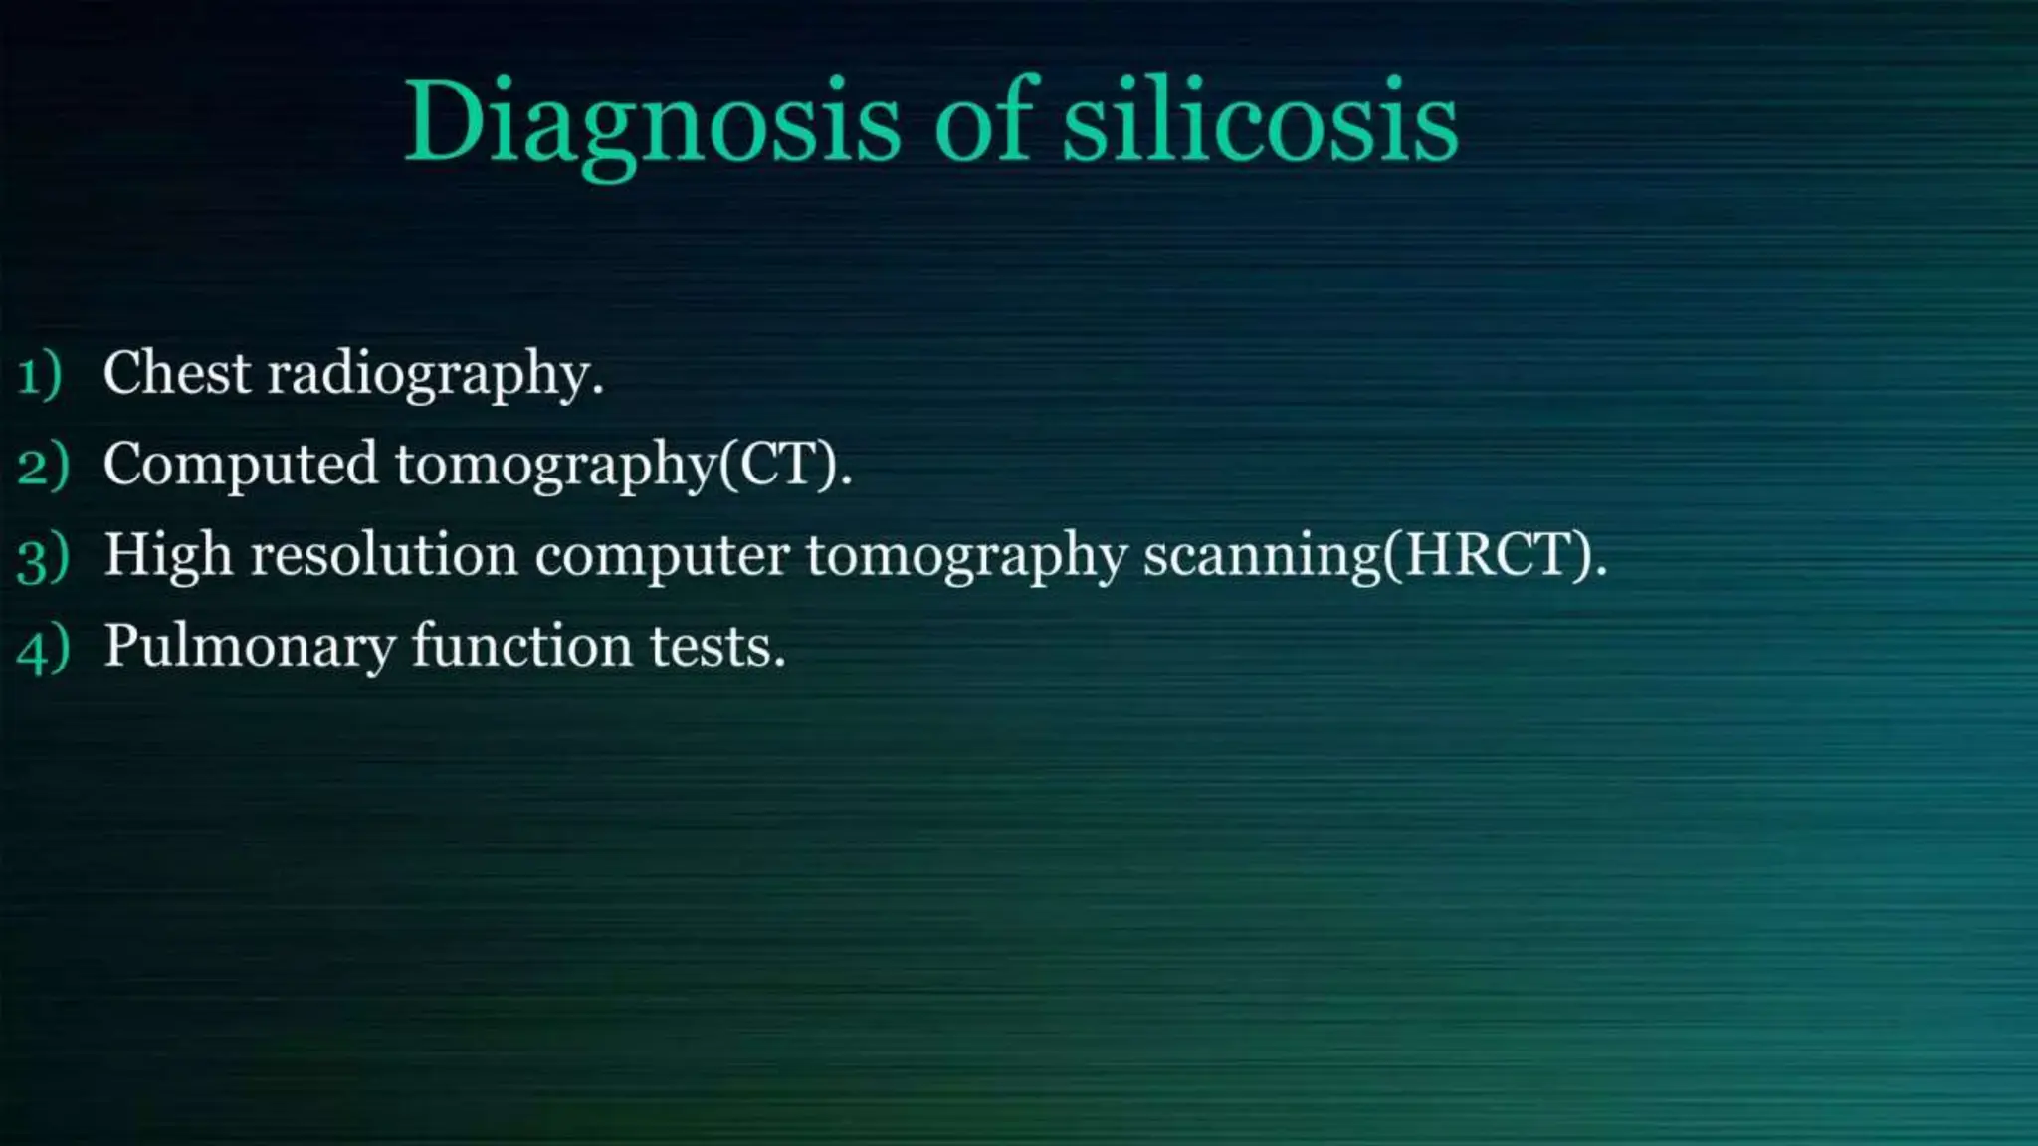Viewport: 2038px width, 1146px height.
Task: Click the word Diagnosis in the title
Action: click(652, 121)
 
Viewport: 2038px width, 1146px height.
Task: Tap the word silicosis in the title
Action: click(1260, 121)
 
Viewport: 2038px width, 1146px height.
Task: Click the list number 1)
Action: click(40, 375)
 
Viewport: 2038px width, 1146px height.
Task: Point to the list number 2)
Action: click(43, 466)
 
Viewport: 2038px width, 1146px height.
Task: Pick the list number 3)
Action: click(43, 556)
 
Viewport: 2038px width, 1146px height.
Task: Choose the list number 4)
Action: click(43, 648)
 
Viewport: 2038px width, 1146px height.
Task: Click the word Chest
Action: click(177, 373)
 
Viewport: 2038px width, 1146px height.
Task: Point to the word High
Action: click(168, 555)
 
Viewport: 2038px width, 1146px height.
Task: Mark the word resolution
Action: click(384, 554)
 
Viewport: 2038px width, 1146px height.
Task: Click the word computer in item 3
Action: click(662, 556)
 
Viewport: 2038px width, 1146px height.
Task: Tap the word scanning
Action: click(1262, 556)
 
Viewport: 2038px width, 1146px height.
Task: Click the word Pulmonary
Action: click(250, 647)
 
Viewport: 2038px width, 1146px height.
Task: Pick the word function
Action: click(522, 645)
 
